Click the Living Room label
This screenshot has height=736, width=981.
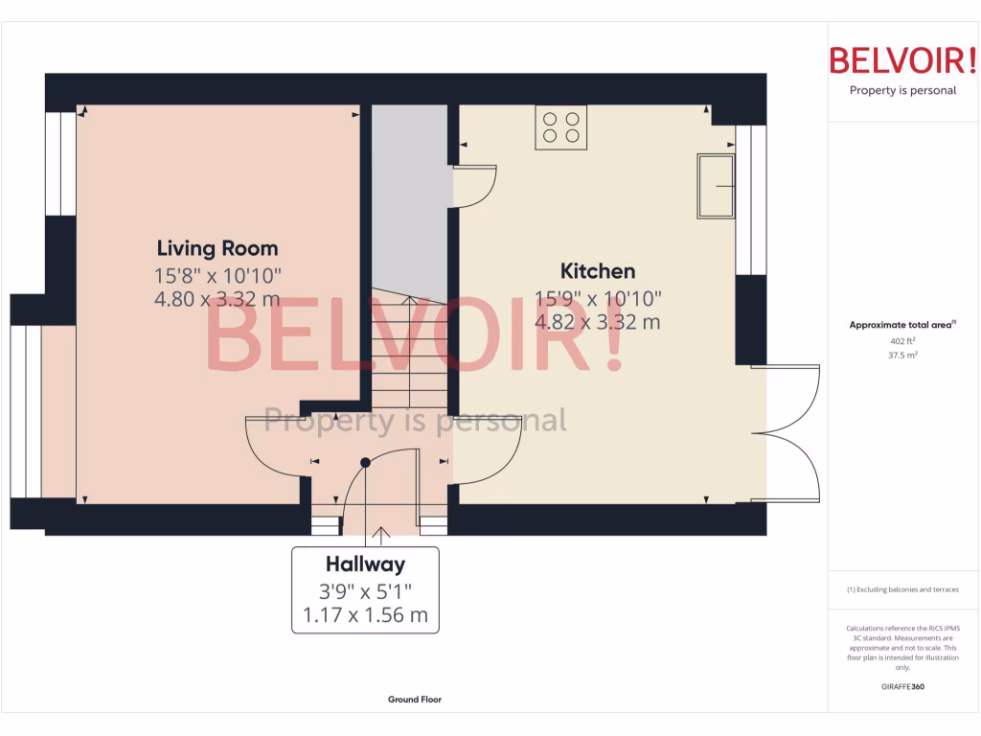click(217, 248)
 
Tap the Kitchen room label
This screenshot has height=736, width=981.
click(598, 270)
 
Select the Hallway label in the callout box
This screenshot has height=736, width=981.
click(365, 564)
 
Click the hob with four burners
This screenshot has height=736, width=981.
click(561, 126)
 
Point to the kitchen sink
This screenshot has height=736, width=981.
click(717, 185)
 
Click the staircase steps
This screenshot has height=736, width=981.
click(409, 355)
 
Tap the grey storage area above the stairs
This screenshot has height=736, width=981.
click(409, 192)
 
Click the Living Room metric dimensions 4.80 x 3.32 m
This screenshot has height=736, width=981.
click(217, 299)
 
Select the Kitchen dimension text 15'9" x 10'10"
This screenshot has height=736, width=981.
click(598, 297)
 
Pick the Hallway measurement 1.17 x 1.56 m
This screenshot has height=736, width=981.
click(365, 615)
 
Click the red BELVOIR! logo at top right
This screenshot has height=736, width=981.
click(902, 61)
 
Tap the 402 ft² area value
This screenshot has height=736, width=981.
click(902, 341)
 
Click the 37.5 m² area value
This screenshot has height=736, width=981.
click(902, 355)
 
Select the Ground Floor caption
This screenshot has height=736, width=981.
click(414, 700)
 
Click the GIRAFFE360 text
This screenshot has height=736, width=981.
click(902, 686)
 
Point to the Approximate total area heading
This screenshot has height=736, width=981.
click(901, 326)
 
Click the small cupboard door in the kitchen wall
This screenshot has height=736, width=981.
click(475, 186)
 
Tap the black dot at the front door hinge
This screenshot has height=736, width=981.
click(365, 462)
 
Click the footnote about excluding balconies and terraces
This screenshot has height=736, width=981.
click(902, 589)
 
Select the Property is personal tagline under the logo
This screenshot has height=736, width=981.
click(902, 91)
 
